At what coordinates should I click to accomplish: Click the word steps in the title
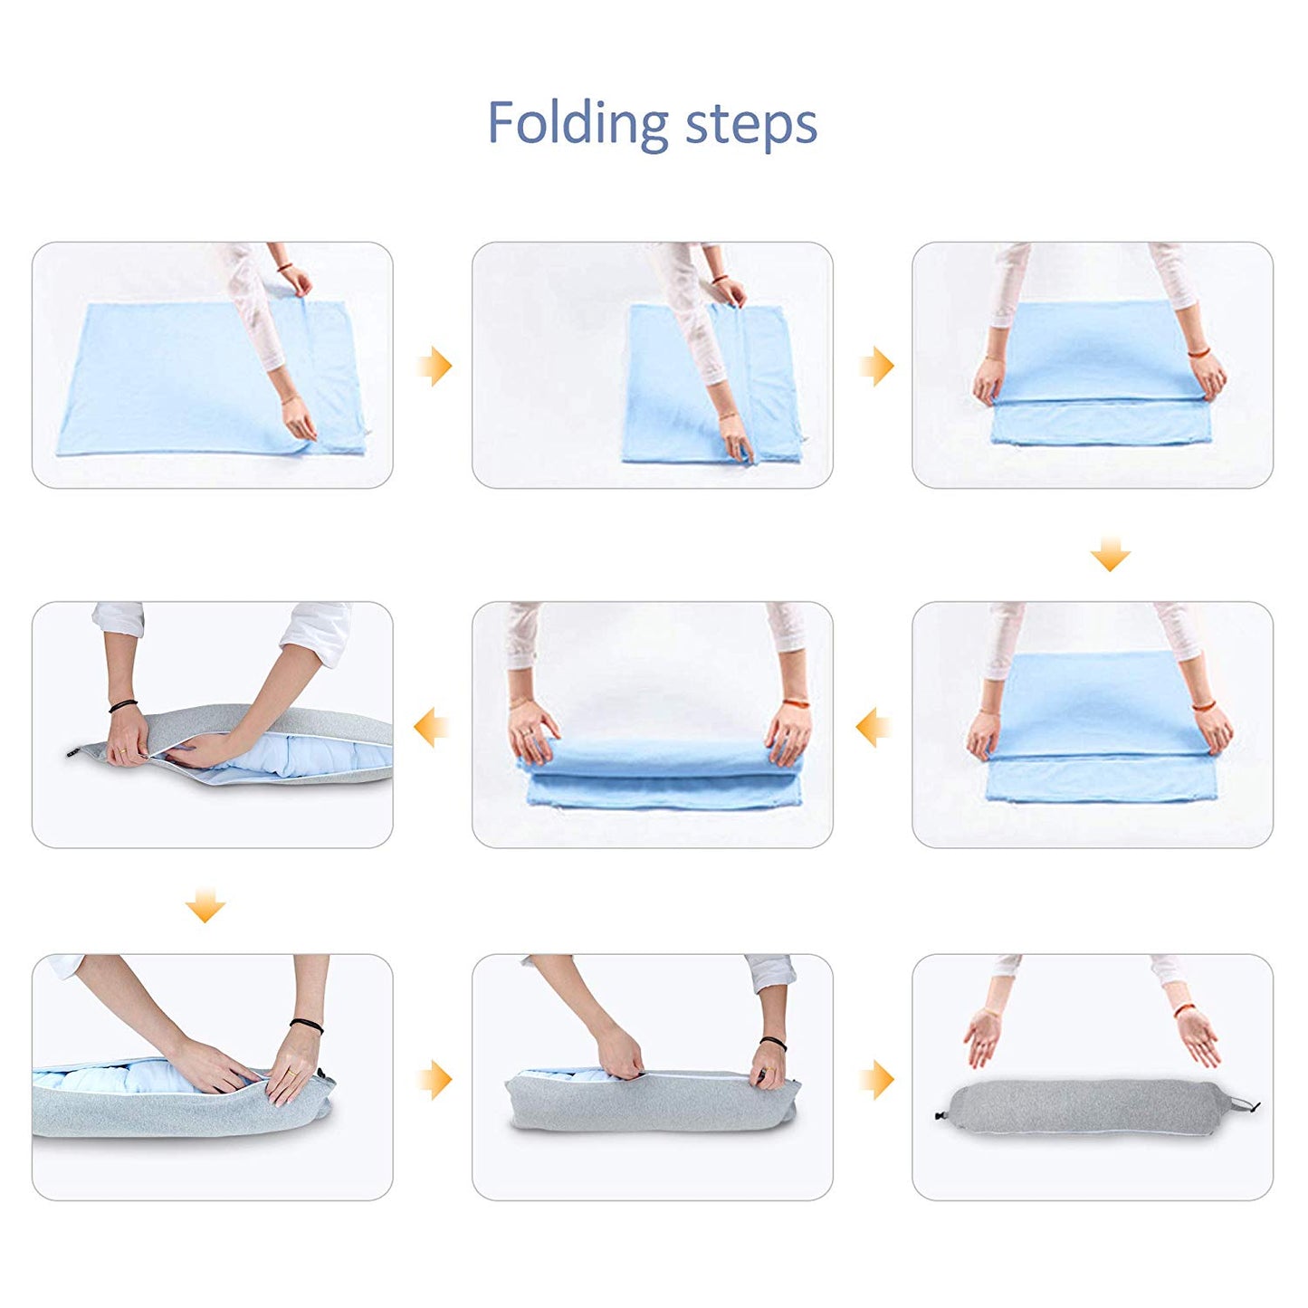(x=751, y=124)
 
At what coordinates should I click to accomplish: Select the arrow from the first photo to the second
(x=434, y=366)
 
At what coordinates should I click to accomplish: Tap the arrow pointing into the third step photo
(x=875, y=366)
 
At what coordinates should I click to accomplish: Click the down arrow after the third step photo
(x=1111, y=554)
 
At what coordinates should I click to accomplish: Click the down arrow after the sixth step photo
(x=205, y=905)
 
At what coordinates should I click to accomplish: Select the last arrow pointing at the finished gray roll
(x=875, y=1079)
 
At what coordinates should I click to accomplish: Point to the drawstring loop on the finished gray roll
(x=1247, y=1103)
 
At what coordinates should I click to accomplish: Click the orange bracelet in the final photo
(x=1184, y=1009)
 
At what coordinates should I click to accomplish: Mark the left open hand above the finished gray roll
(x=982, y=1037)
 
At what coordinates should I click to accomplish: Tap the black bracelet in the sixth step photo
(x=123, y=706)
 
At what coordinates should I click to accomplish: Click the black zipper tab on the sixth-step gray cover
(x=72, y=752)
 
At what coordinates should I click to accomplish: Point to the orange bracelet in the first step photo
(x=285, y=268)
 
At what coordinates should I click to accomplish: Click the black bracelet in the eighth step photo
(x=773, y=1044)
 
